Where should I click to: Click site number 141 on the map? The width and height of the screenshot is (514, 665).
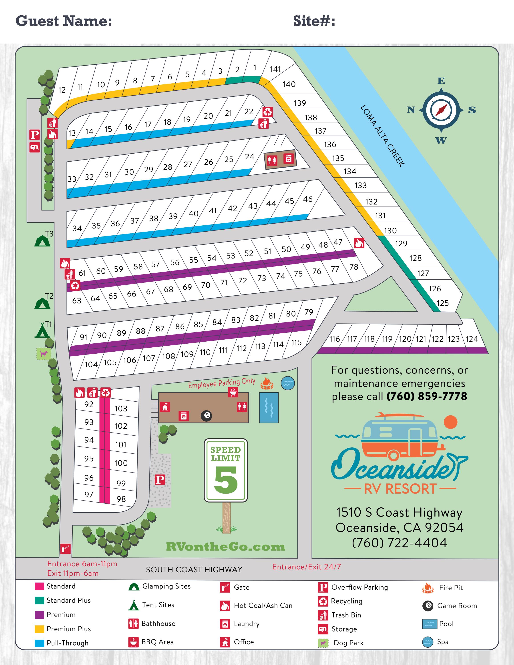coord(275,69)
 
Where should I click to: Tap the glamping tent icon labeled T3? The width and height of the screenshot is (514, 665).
coord(42,240)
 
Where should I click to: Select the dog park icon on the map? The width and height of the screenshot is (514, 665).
coord(44,354)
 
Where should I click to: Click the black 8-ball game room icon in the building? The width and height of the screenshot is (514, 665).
coord(206,416)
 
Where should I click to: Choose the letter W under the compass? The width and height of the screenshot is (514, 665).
coord(441,140)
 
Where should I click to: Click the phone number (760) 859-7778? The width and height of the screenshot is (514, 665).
coord(427,396)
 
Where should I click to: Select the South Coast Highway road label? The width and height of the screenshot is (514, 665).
coord(194,570)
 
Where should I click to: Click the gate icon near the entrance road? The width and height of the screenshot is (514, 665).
coord(65,549)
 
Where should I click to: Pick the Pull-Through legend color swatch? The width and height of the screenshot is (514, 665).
coord(39,643)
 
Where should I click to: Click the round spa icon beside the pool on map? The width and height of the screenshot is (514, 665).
coord(287,383)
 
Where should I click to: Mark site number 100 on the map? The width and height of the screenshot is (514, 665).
coord(121,463)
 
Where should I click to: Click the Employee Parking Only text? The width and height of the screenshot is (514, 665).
coord(222,383)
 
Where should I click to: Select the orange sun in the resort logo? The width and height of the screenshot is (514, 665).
coord(451,422)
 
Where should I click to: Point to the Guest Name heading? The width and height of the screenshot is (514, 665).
coord(64,21)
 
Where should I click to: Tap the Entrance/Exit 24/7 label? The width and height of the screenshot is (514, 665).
coord(306,567)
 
